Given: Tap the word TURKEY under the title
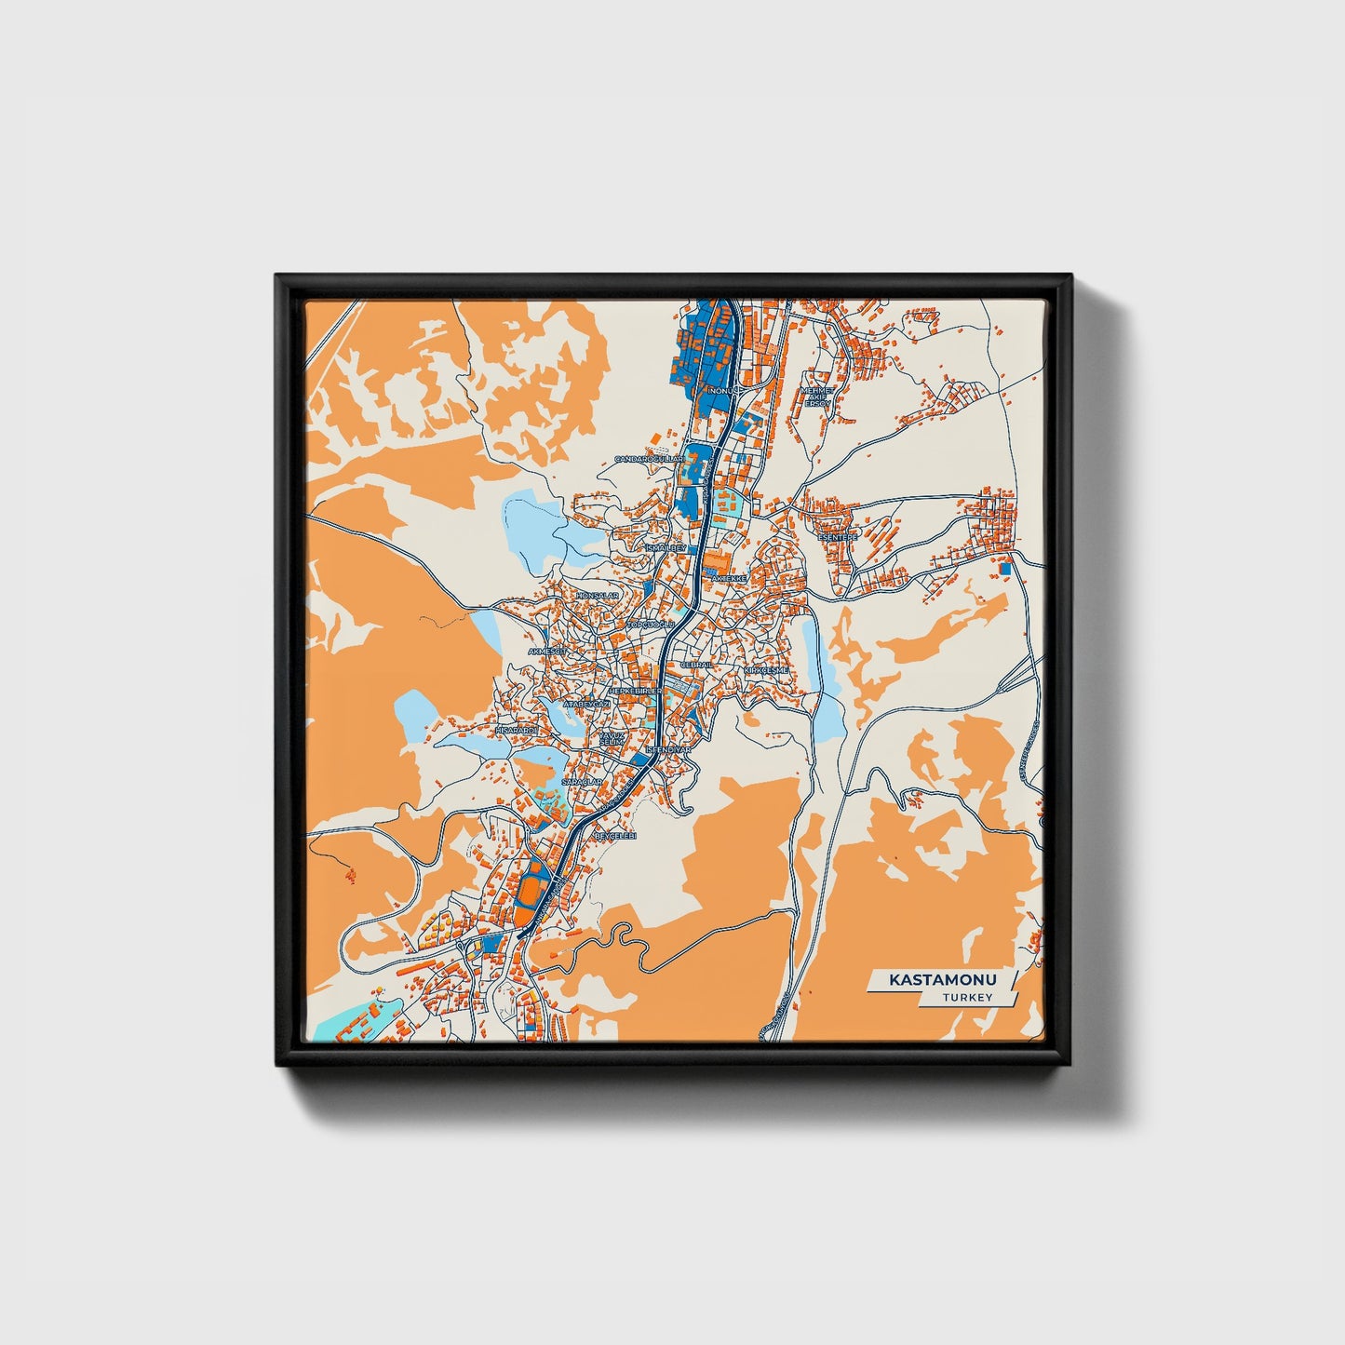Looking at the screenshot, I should (x=967, y=997).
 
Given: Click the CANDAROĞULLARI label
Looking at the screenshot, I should (x=649, y=460).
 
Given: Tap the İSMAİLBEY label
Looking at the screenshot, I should (x=666, y=548).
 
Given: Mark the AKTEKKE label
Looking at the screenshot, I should (x=729, y=578).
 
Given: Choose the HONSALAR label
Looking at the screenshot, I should (x=598, y=595).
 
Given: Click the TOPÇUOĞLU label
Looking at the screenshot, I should (x=651, y=624).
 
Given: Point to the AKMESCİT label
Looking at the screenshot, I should (x=547, y=652).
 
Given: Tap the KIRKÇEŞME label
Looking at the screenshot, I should (x=766, y=670).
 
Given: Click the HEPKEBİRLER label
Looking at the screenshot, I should (x=635, y=692).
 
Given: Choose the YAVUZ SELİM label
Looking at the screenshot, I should (x=611, y=737).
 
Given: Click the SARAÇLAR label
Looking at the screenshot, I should (x=583, y=782).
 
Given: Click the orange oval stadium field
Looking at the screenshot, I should (x=531, y=893).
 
